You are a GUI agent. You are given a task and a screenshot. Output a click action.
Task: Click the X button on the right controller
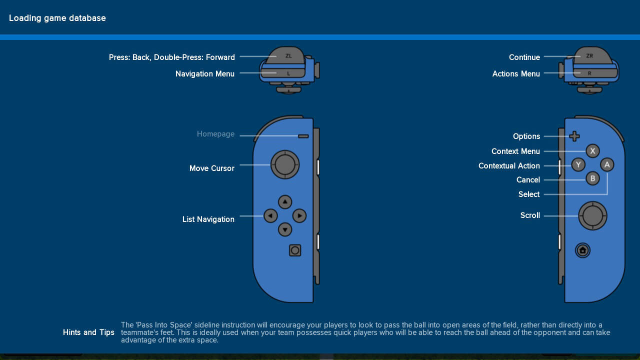pos(592,150)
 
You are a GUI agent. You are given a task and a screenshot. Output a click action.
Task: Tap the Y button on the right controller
pos(578,164)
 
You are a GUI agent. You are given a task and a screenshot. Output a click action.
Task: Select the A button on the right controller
pos(606,164)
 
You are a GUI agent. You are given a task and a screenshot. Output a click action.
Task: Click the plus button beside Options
pos(574,136)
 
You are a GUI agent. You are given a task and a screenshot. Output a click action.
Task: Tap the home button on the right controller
pos(582,250)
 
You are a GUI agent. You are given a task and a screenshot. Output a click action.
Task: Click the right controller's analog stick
pos(592,215)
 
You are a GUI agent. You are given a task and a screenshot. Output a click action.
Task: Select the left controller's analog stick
pos(285,164)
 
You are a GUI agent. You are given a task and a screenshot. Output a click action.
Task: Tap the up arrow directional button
pos(285,202)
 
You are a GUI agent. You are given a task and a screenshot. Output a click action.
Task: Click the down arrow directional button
pos(285,229)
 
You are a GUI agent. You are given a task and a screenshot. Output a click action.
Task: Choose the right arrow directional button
pos(299,216)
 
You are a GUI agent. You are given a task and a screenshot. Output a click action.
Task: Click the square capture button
pos(295,250)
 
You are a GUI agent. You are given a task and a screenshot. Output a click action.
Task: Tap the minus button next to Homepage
pos(303,136)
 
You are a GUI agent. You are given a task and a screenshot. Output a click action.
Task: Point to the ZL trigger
pos(287,55)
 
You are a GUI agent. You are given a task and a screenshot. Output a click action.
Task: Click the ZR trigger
pos(590,55)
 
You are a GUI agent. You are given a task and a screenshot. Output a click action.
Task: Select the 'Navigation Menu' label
pos(204,73)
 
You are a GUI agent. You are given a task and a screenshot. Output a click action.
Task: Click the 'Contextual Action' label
pos(508,165)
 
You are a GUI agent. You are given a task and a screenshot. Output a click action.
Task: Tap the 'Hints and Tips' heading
pos(88,332)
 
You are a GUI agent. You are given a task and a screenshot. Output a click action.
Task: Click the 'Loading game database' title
pos(57,18)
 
